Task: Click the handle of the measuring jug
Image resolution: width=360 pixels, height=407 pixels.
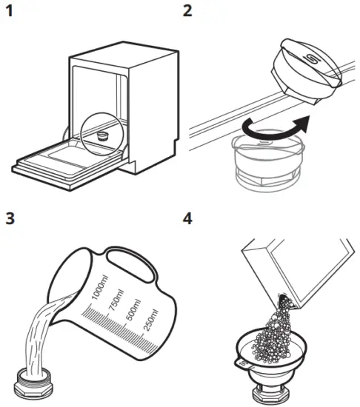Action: pos(136,264)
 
